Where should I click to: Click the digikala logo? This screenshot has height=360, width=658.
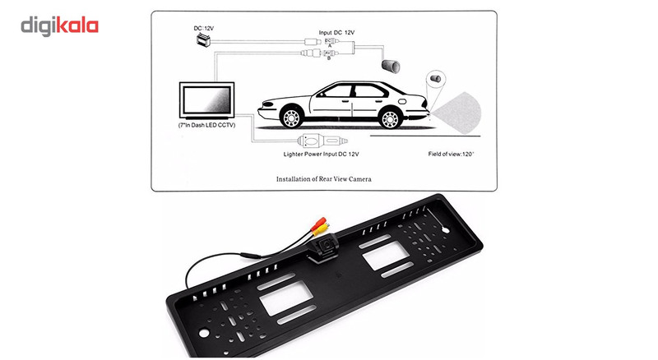tap(59, 25)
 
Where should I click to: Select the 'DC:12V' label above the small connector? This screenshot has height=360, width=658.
tap(202, 29)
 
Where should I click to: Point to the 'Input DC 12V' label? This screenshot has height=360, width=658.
tap(337, 32)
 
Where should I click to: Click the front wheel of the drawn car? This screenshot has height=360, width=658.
tap(289, 116)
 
